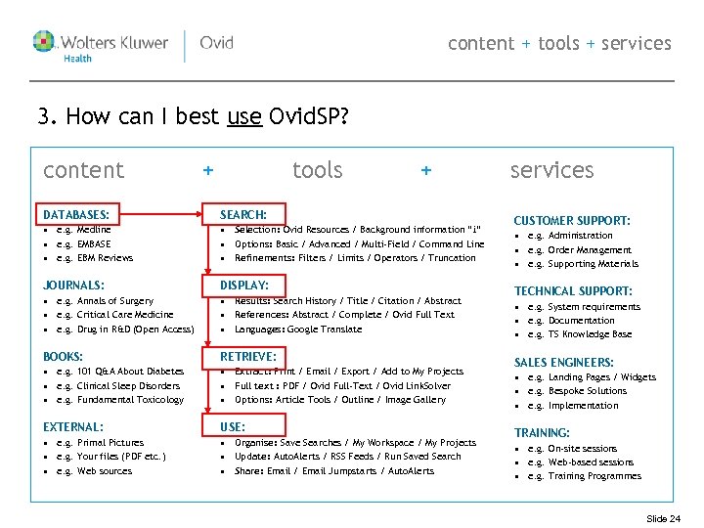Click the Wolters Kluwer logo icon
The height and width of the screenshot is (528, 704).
coord(44,43)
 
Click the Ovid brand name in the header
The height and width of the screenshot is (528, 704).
coord(216,43)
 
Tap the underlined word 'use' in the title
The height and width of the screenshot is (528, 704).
coord(243,118)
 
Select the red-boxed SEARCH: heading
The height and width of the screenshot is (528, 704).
coord(243,214)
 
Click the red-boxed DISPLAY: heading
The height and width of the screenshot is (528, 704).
coord(244,285)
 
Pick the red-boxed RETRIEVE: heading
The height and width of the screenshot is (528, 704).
coord(248,356)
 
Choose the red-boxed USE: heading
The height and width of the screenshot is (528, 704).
coord(233,427)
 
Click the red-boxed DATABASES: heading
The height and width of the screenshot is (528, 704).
coord(75,214)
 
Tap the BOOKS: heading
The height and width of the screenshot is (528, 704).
coord(64,357)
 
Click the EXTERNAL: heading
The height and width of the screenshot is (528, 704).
coord(73,427)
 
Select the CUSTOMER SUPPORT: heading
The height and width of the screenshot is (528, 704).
coord(572,221)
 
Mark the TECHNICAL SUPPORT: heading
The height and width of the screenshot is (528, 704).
coord(573,291)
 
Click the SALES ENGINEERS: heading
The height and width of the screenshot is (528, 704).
coord(564,363)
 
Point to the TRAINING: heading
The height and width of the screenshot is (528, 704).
coord(542,433)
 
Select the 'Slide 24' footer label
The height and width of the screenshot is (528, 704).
coord(664,518)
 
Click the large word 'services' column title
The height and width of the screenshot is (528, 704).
coord(551,170)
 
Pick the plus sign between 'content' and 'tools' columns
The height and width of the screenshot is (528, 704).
coord(207,171)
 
